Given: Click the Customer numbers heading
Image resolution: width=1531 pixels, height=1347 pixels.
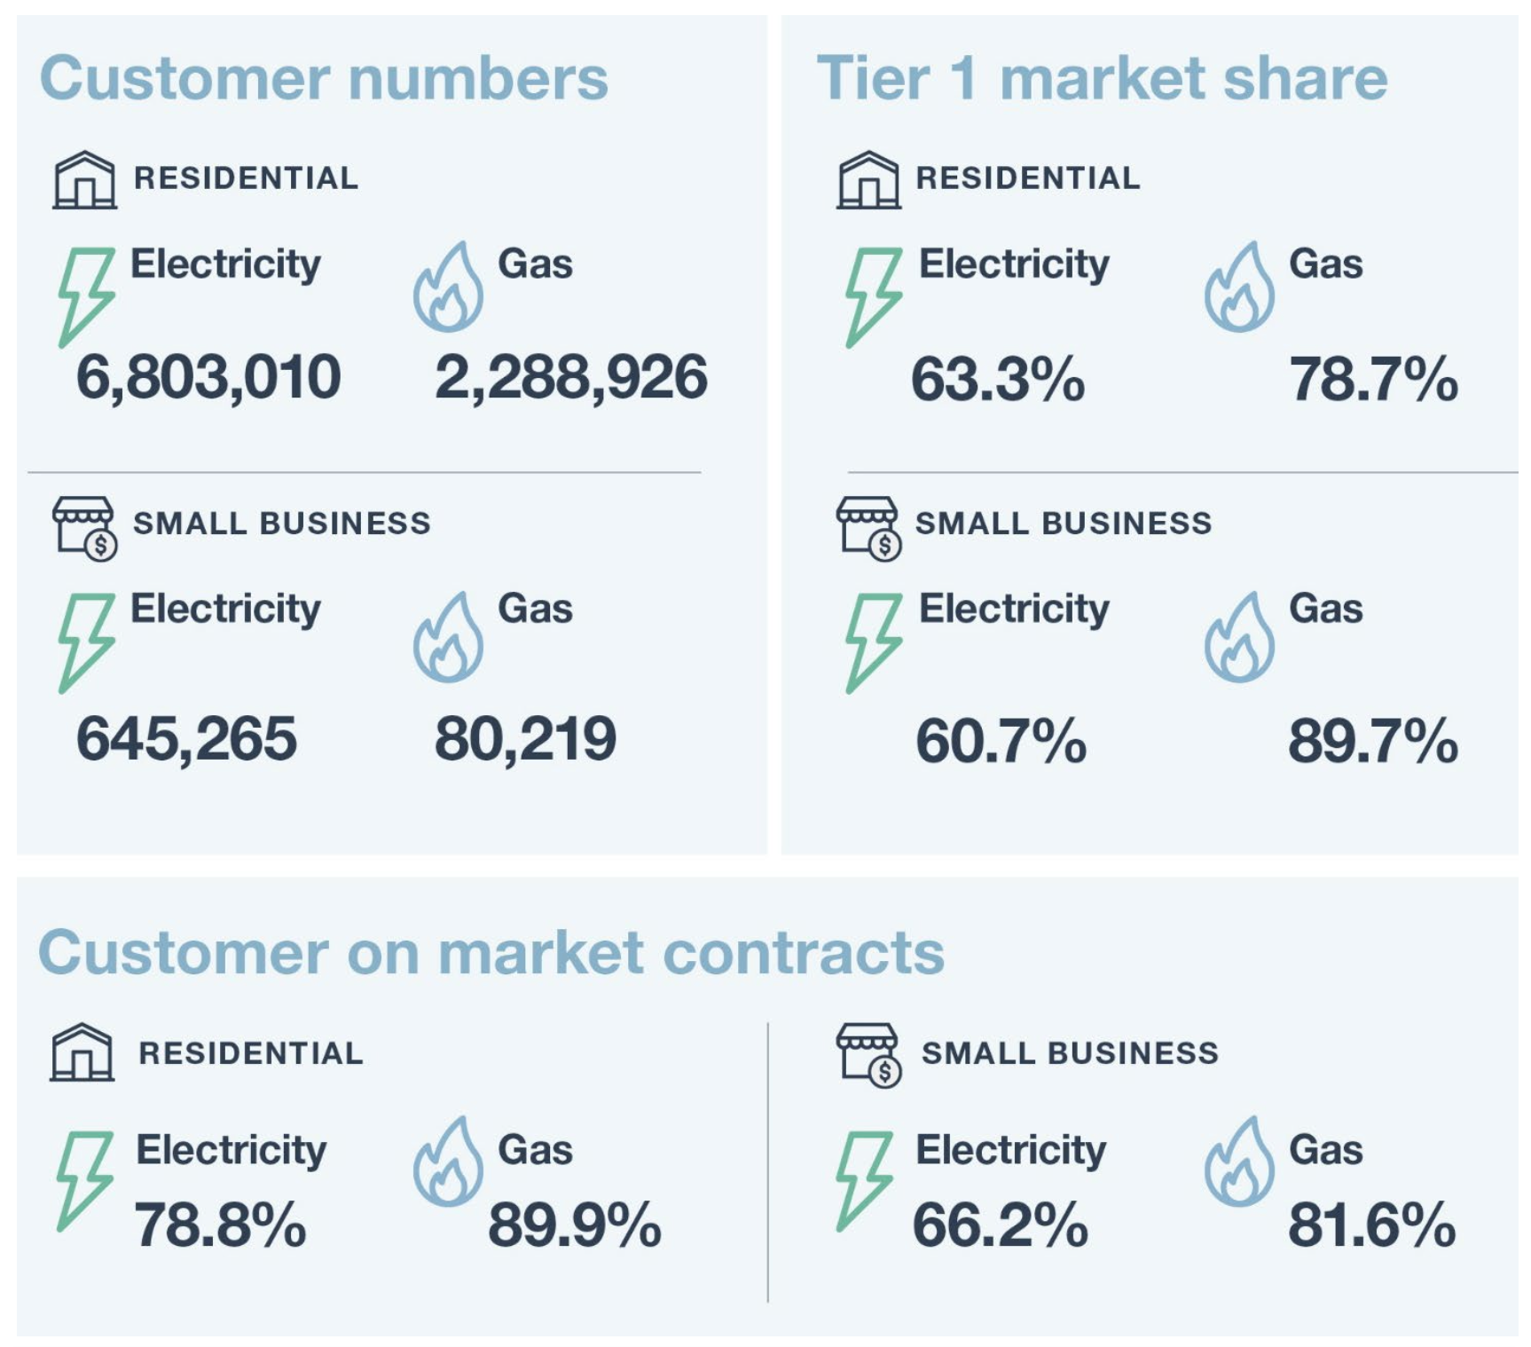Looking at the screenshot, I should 324,78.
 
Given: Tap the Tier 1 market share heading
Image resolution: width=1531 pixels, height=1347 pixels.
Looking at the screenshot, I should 1102,78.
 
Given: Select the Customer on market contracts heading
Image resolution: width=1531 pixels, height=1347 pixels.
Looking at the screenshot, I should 491,953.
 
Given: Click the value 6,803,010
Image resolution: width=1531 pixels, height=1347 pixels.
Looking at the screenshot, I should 208,377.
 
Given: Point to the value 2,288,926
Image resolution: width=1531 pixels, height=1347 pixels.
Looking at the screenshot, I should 570,377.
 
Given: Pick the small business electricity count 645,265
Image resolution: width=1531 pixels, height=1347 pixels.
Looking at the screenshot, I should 186,739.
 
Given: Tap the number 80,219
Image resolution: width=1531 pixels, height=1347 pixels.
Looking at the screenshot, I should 525,739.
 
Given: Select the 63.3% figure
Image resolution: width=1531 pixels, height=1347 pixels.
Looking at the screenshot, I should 998,380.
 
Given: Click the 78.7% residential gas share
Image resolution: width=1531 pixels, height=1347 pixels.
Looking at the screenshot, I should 1373,380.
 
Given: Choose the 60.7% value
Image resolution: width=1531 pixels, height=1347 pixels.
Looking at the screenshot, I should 1001,742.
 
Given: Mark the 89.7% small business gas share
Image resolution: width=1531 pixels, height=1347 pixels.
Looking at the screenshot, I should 1373,742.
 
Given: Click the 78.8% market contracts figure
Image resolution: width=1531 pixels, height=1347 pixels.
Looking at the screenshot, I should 220,1226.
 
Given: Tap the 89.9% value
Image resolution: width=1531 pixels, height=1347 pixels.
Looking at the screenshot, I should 575,1226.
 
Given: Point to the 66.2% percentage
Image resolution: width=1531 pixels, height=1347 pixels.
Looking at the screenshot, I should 1000,1226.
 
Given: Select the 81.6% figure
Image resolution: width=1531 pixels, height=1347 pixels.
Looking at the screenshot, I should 1371,1226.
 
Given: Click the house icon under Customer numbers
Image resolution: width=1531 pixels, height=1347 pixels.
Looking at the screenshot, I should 84,180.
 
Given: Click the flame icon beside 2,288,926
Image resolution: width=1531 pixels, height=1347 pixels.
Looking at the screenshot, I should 448,288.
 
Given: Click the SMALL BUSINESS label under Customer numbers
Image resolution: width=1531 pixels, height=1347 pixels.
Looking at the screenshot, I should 282,524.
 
